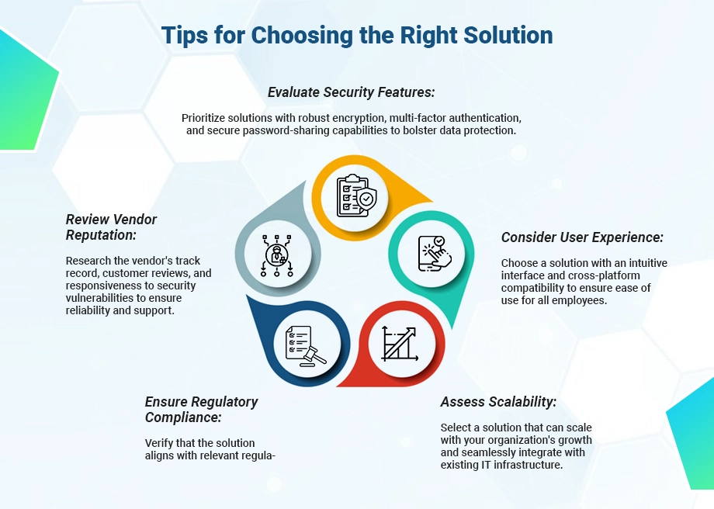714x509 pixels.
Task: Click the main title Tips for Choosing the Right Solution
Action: [356, 36]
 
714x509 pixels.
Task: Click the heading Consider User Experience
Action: [582, 237]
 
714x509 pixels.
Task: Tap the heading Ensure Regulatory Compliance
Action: [201, 409]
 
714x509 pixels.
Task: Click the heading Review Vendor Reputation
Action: [111, 227]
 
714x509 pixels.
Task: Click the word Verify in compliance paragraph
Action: [160, 442]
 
